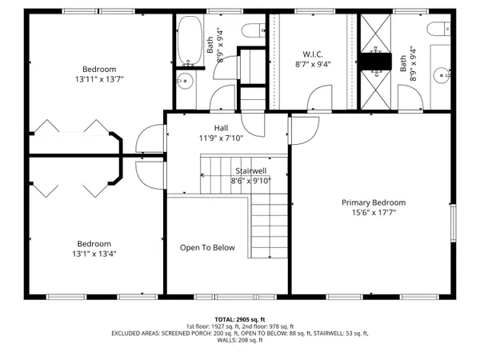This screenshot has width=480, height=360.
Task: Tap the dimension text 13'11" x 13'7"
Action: (99, 80)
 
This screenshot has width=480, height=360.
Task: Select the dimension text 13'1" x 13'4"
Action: (94, 254)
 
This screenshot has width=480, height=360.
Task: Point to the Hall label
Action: (222, 128)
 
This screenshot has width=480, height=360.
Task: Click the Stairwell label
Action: (252, 170)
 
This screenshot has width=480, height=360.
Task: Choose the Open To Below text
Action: (207, 247)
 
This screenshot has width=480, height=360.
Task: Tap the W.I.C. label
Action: (312, 54)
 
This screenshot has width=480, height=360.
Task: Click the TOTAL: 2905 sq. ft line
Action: (240, 318)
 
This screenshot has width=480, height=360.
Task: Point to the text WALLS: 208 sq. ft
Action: (240, 340)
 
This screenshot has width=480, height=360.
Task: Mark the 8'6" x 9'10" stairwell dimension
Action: (252, 180)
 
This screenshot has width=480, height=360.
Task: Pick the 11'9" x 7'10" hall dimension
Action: (222, 138)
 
